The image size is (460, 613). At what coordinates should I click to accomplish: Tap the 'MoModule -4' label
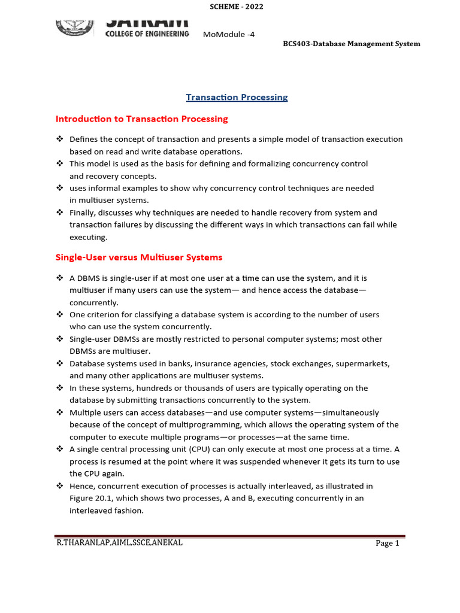click(x=229, y=34)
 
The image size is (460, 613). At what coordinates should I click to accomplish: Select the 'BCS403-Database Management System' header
click(x=351, y=44)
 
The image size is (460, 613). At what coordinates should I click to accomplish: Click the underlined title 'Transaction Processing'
click(x=237, y=97)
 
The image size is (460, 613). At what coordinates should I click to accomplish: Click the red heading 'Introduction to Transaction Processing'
click(x=141, y=119)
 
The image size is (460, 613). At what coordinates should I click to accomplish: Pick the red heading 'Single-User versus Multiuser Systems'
click(x=138, y=257)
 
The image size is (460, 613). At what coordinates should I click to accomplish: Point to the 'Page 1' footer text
click(x=387, y=543)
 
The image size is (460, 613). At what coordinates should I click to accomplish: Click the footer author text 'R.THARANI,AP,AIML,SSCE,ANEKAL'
click(x=119, y=542)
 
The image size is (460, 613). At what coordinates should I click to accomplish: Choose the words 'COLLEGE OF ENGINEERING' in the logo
click(x=147, y=34)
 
